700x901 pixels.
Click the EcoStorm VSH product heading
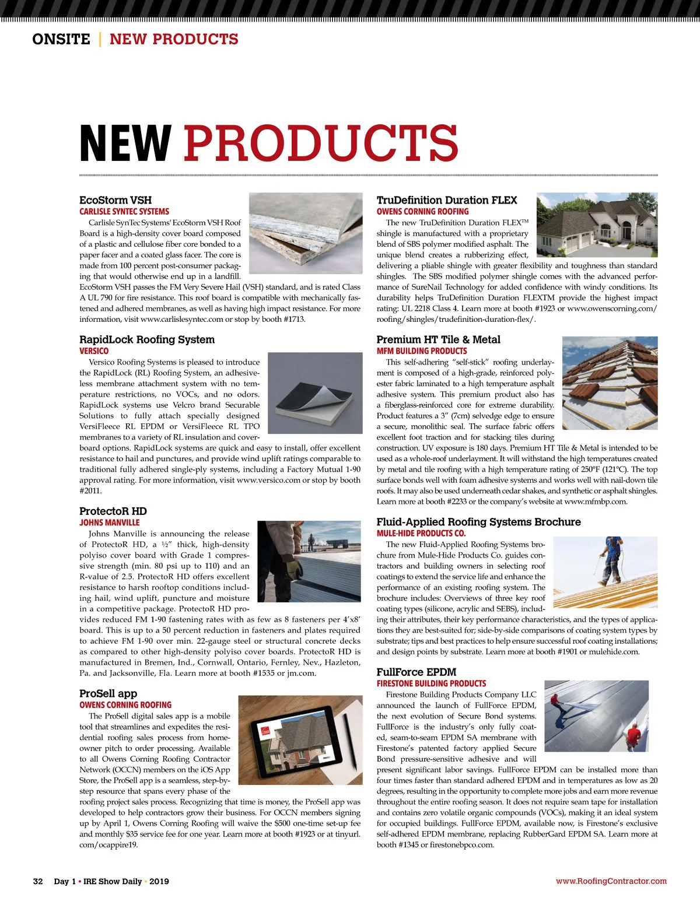point(116,200)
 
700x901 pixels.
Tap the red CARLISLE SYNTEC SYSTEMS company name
point(124,212)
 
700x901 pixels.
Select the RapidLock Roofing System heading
point(147,339)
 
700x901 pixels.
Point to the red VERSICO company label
point(94,351)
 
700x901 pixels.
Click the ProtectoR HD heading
point(113,511)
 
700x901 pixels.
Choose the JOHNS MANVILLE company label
point(110,523)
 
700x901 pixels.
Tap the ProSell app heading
point(108,693)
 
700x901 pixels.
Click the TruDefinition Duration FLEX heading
point(447,200)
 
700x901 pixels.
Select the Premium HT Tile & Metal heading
point(439,339)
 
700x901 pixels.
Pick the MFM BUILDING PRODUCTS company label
point(422,351)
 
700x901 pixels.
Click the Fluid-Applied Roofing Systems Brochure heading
point(479,522)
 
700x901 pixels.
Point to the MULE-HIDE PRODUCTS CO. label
point(421,533)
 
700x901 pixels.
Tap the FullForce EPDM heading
point(416,672)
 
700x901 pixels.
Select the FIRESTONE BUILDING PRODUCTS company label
point(431,683)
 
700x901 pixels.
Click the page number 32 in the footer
point(38,881)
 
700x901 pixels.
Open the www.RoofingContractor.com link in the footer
point(611,881)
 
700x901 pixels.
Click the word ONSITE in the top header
point(61,39)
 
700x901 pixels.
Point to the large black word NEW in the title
point(125,143)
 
